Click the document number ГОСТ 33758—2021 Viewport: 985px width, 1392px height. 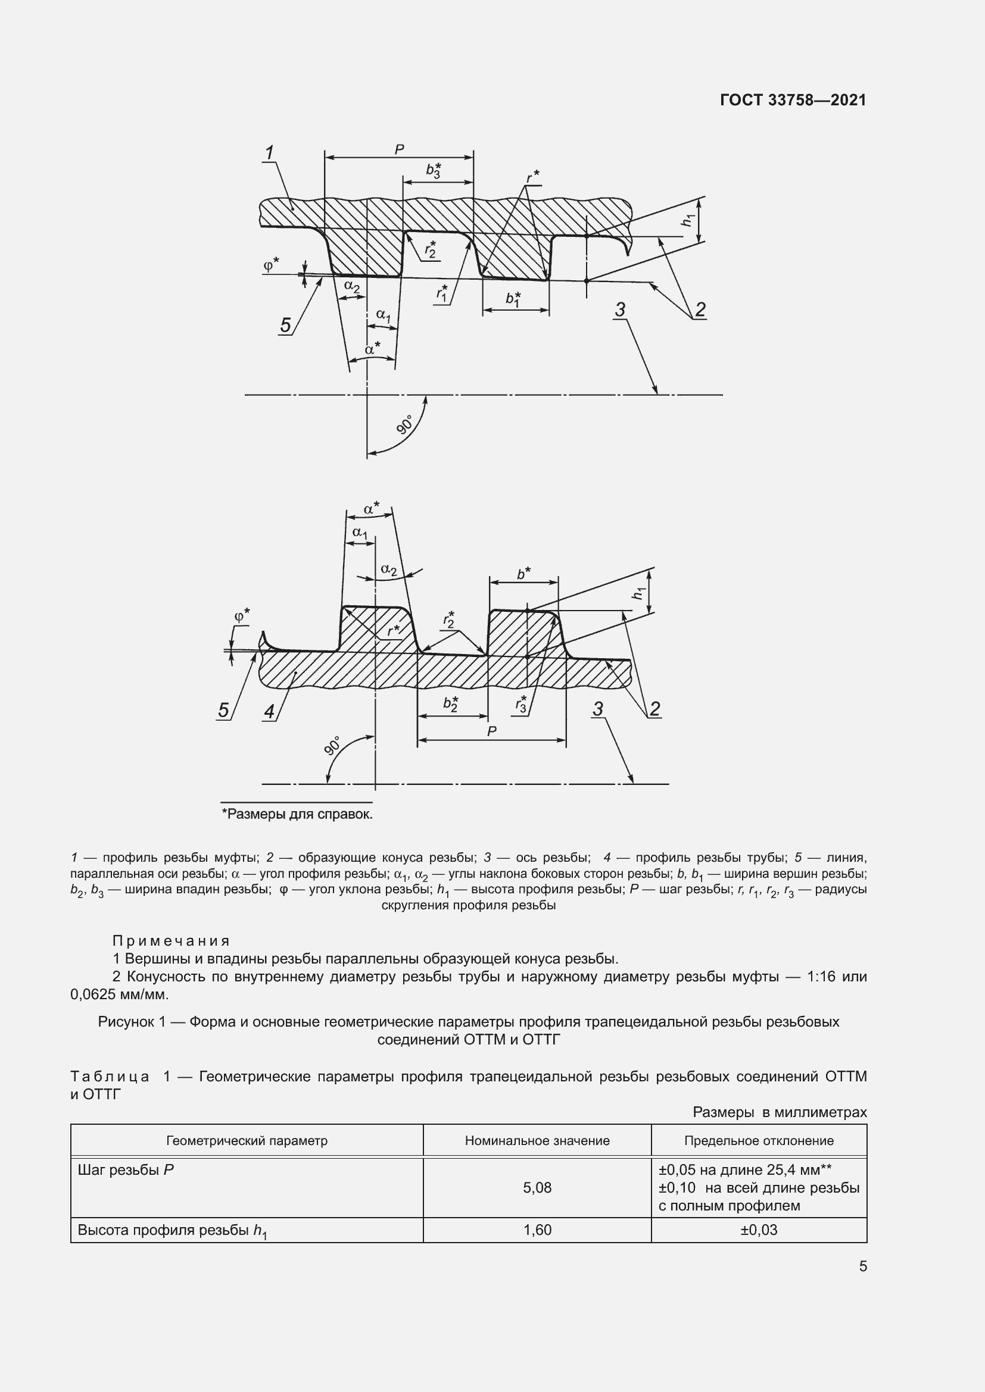[x=793, y=101]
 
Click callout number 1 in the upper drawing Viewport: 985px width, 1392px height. [x=269, y=153]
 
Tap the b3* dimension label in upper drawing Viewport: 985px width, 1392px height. [x=433, y=170]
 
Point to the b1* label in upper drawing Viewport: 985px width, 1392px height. [x=514, y=299]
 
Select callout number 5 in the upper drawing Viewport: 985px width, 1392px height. [x=286, y=326]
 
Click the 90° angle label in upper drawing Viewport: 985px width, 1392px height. [x=404, y=424]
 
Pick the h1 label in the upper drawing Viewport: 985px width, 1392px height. [x=688, y=221]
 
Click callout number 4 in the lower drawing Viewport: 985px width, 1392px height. [x=269, y=711]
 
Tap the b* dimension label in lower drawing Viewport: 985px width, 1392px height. [x=523, y=573]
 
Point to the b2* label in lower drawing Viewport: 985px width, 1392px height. [x=450, y=703]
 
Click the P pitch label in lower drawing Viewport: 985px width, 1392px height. [x=491, y=732]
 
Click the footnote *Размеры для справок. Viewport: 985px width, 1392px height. [x=297, y=814]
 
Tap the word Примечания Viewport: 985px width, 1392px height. [x=171, y=941]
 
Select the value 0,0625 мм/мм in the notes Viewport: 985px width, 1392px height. [x=120, y=994]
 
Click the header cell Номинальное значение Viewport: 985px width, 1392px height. [x=537, y=1140]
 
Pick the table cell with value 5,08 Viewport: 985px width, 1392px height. [x=537, y=1188]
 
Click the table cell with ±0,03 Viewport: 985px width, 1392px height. [x=758, y=1230]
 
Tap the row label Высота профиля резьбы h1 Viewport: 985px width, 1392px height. [x=172, y=1231]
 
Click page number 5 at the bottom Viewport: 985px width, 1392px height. [x=862, y=1266]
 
